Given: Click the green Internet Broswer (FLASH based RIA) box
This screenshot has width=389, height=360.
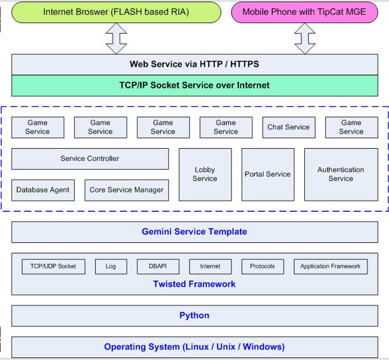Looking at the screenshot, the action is coord(116,12).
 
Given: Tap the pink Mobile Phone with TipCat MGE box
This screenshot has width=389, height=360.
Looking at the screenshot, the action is coord(304,12).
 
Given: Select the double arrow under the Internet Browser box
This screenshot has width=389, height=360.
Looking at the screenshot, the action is coord(116,39).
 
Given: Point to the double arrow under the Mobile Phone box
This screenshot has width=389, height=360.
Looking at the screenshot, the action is coord(305,39).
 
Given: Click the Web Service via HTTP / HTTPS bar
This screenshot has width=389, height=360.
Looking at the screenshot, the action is coord(195,64).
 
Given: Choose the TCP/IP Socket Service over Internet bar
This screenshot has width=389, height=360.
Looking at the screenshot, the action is coord(195,85).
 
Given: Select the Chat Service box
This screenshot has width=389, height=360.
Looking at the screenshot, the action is coord(289,127).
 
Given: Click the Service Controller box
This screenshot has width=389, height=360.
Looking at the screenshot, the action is coord(90,159).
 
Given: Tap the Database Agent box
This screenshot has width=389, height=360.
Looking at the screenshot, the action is coord(43,190).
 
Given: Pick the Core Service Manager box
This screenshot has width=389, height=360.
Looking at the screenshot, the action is coord(127,190).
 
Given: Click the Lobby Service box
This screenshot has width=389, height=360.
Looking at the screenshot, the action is coord(205,174).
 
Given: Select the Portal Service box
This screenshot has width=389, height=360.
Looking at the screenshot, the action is coord(268,174).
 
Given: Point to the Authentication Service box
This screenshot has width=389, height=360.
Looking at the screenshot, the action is coord(341,174).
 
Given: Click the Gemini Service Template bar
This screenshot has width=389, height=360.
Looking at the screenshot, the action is coord(195,232).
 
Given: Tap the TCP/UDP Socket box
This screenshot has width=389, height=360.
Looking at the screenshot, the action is coord(53,266).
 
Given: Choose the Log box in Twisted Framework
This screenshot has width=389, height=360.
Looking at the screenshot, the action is coord(111,266).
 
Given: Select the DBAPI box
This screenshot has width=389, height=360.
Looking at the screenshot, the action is coord(158,266).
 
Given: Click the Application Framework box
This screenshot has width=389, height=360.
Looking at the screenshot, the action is coord(331,266).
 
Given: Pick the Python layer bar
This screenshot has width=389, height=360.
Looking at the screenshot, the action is coord(195,316).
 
